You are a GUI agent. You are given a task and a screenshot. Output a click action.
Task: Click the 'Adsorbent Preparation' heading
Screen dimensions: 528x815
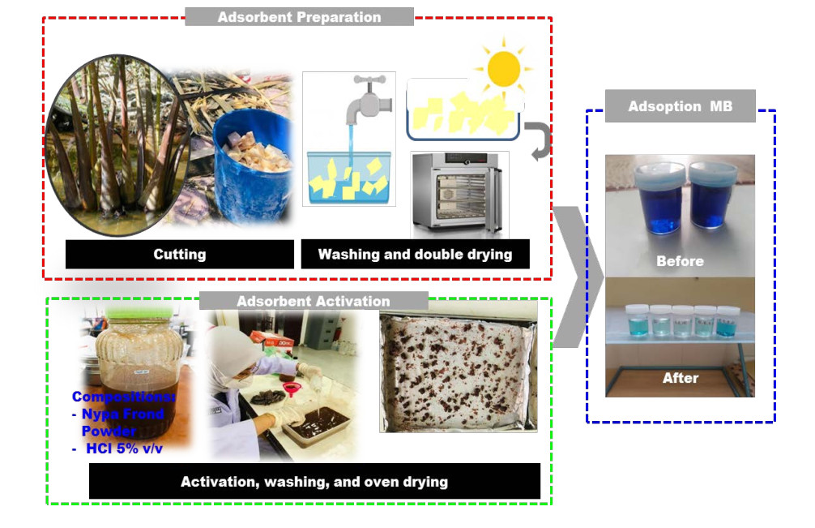click(299, 16)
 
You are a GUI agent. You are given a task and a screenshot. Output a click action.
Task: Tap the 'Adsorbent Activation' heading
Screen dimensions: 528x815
click(313, 301)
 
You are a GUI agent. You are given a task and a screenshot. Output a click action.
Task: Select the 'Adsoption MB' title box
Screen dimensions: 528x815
click(680, 106)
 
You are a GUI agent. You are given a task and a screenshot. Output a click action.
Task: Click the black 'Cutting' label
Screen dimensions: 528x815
click(179, 254)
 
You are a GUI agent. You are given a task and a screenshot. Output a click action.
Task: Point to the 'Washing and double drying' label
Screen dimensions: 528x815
click(415, 254)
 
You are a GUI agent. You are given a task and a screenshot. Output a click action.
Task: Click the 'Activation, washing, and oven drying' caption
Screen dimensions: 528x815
click(314, 482)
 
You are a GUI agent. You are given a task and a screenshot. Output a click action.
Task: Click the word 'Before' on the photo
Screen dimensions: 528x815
click(680, 261)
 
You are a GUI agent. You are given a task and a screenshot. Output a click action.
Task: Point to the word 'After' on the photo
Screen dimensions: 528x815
click(680, 378)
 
